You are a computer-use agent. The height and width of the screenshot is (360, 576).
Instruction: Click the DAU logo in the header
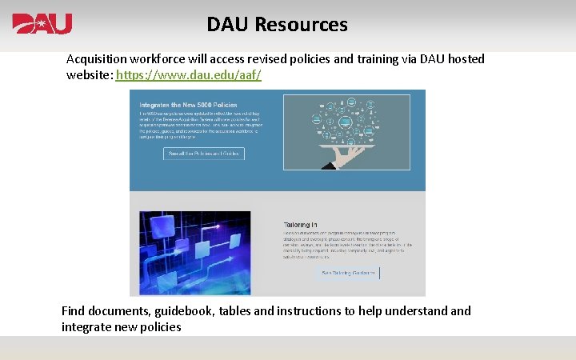pos(42,24)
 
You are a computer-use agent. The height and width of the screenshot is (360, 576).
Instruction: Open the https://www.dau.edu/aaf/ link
pos(188,75)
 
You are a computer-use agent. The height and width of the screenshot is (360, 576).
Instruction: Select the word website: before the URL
pos(89,75)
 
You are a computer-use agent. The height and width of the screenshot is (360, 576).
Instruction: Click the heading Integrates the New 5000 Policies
pos(188,105)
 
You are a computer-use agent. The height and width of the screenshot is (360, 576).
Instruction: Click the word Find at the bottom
pos(75,311)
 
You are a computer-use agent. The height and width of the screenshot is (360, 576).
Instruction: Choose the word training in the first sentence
pos(330,59)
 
